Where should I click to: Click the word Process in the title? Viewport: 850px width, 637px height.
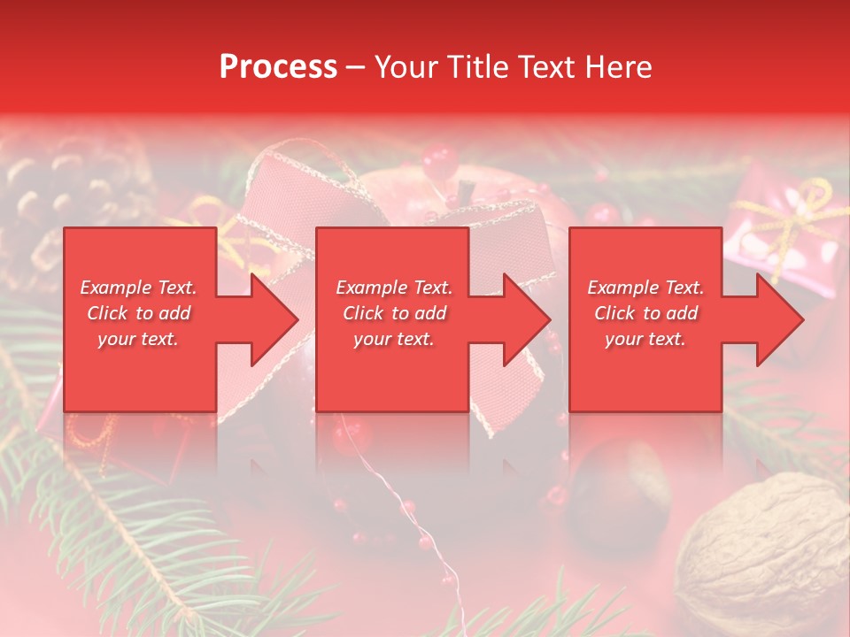click(278, 67)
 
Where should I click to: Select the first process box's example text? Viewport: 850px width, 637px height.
click(138, 313)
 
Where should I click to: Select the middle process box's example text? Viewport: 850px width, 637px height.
click(394, 313)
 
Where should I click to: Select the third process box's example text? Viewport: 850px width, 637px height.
click(645, 313)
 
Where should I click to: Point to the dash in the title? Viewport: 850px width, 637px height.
click(356, 67)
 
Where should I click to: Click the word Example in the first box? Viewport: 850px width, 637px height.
click(112, 288)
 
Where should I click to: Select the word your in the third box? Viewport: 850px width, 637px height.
click(623, 339)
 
